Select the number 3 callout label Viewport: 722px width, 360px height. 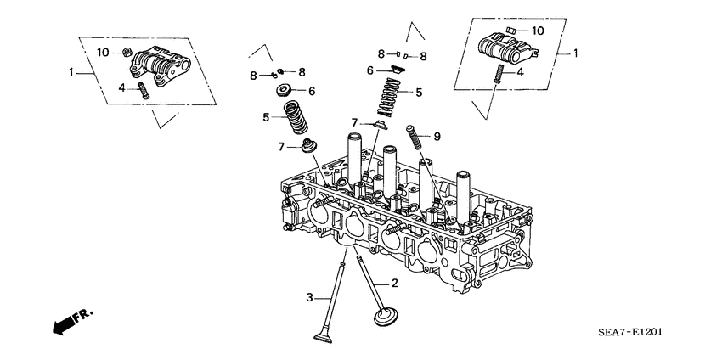tap(310, 297)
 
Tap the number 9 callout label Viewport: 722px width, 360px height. tap(437, 136)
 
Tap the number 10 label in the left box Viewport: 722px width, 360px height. tap(103, 53)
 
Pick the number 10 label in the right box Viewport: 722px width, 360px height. tap(537, 31)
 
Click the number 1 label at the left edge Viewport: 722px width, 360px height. tap(72, 73)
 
